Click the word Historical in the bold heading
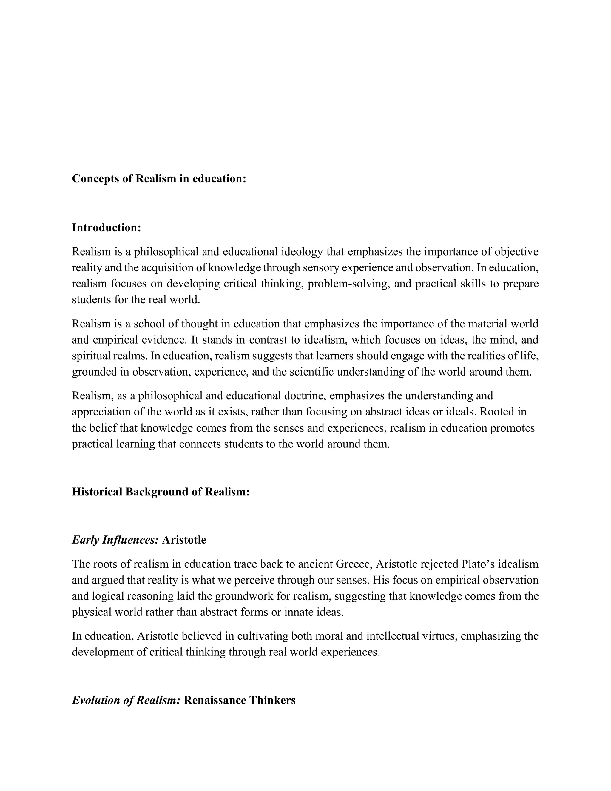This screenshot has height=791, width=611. click(x=97, y=492)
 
